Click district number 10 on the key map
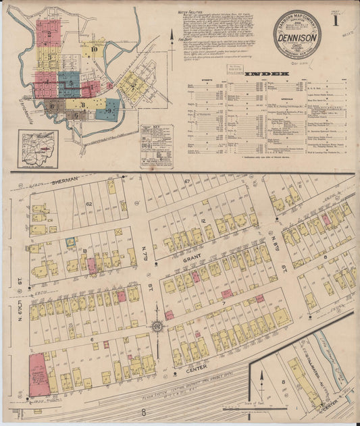[95, 49]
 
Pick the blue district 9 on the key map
[108, 108]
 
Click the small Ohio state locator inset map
[38, 147]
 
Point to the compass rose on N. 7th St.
[157, 327]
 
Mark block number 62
[88, 203]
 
